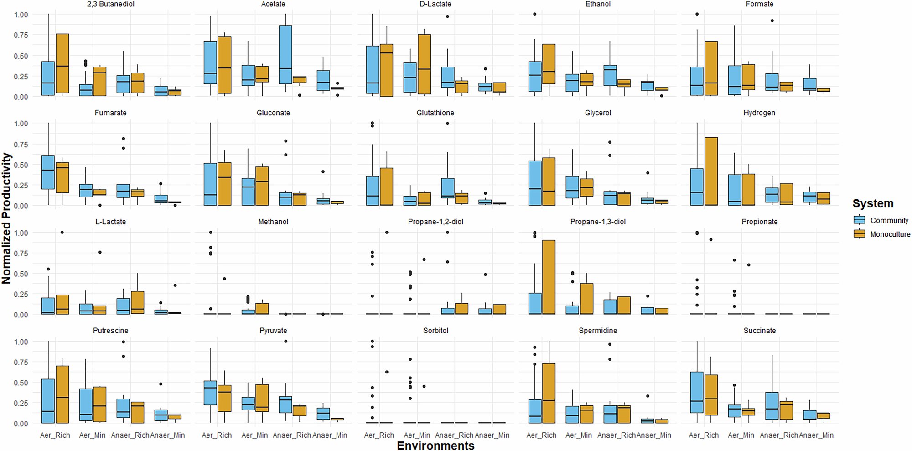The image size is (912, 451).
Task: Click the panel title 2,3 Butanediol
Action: (x=110, y=4)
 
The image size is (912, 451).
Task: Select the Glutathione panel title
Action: (x=435, y=113)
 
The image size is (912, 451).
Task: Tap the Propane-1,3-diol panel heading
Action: (x=597, y=222)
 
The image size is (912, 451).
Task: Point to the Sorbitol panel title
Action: (x=435, y=331)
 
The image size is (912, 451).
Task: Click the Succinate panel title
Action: (x=759, y=331)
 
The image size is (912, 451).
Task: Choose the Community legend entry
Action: (x=889, y=220)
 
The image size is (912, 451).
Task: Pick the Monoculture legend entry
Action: (x=890, y=234)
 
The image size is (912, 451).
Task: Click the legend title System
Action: (x=872, y=203)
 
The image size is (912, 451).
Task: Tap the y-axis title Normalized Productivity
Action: (x=6, y=218)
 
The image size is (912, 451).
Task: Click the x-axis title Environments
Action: (x=435, y=446)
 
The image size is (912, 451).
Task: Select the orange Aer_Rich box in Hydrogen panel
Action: (x=711, y=171)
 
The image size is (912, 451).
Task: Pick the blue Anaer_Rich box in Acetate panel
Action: (x=285, y=54)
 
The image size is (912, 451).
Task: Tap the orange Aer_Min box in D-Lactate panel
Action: (x=424, y=64)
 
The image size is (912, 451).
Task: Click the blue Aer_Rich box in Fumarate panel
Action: (x=48, y=172)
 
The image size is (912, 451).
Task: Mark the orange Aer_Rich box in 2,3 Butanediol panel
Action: (x=62, y=63)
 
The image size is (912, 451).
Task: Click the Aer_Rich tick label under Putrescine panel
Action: (x=55, y=435)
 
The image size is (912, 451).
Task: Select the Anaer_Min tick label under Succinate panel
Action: (x=816, y=435)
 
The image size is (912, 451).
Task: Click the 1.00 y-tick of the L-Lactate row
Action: (x=21, y=233)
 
